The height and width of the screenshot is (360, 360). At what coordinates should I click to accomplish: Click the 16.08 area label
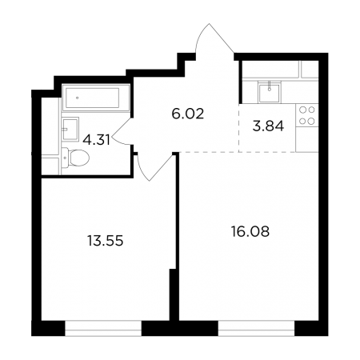(x=250, y=231)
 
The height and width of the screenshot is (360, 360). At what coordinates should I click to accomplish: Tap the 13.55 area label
(x=106, y=241)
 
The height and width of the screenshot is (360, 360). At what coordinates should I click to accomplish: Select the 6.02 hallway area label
(x=188, y=114)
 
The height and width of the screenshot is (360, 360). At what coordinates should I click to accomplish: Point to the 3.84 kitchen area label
(x=268, y=126)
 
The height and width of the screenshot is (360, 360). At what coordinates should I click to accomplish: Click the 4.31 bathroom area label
(x=96, y=139)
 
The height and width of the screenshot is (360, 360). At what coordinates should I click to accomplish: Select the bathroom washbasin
(x=70, y=130)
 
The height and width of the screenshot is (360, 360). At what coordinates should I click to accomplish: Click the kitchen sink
(x=270, y=92)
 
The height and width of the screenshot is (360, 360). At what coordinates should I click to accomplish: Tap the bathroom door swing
(x=122, y=131)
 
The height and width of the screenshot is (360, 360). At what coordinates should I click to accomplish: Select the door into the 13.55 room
(x=155, y=167)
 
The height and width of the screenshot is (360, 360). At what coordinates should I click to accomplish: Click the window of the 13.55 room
(x=103, y=328)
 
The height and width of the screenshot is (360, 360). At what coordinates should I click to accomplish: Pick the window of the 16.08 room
(x=256, y=328)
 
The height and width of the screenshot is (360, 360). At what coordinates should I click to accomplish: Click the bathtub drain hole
(x=78, y=98)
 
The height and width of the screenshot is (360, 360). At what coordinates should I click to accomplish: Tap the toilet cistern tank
(x=65, y=158)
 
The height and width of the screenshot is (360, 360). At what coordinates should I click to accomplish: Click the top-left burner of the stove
(x=302, y=110)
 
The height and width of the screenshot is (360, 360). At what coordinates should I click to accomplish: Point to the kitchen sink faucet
(x=270, y=86)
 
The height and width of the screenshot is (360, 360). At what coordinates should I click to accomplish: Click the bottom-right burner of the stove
(x=311, y=122)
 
